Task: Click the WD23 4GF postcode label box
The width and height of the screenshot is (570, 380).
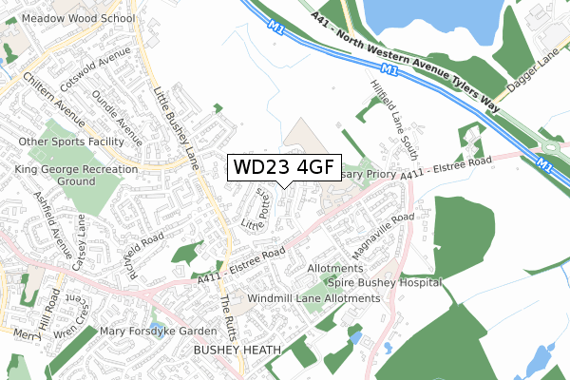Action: click(x=282, y=167)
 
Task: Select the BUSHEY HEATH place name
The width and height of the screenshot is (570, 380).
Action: click(x=237, y=351)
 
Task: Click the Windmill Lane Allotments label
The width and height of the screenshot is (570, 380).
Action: click(x=313, y=298)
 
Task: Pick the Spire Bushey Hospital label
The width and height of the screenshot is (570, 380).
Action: click(x=385, y=283)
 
